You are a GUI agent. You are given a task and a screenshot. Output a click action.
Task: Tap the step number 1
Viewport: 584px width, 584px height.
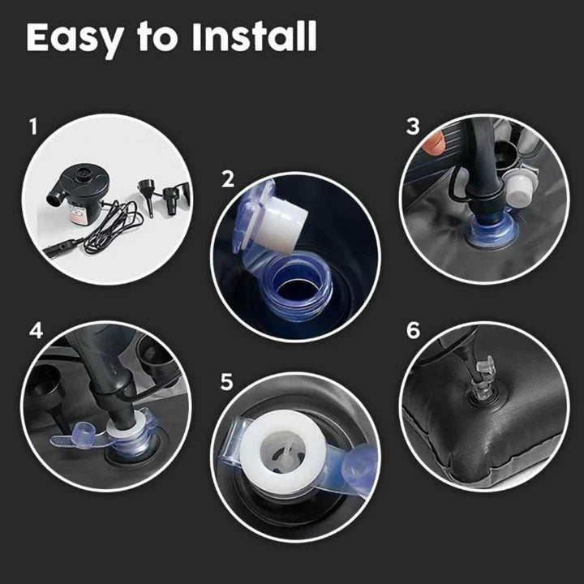[x=33, y=127]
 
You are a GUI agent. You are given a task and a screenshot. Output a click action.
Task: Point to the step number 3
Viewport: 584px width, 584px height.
[x=414, y=127]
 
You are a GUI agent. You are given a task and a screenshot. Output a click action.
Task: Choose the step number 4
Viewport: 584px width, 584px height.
[x=36, y=331]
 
